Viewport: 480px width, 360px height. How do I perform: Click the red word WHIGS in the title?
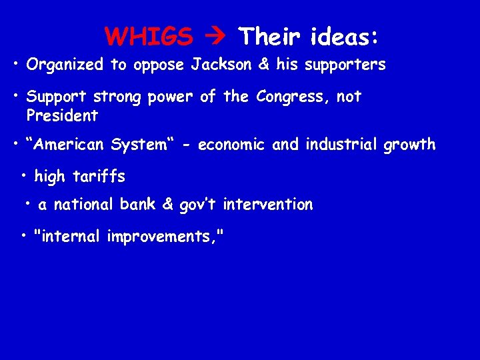pos(149,37)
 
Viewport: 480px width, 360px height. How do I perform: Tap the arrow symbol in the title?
pos(215,37)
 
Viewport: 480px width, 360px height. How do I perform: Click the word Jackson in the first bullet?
pos(217,65)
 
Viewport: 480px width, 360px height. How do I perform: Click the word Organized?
pos(65,65)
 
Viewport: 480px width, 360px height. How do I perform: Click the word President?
pos(62,116)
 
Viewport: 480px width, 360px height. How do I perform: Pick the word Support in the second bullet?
pos(57,97)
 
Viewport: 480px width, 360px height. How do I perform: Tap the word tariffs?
pos(99,177)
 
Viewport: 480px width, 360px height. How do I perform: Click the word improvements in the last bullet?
pos(161,237)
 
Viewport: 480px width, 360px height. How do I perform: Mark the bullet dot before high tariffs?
pos(24,176)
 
